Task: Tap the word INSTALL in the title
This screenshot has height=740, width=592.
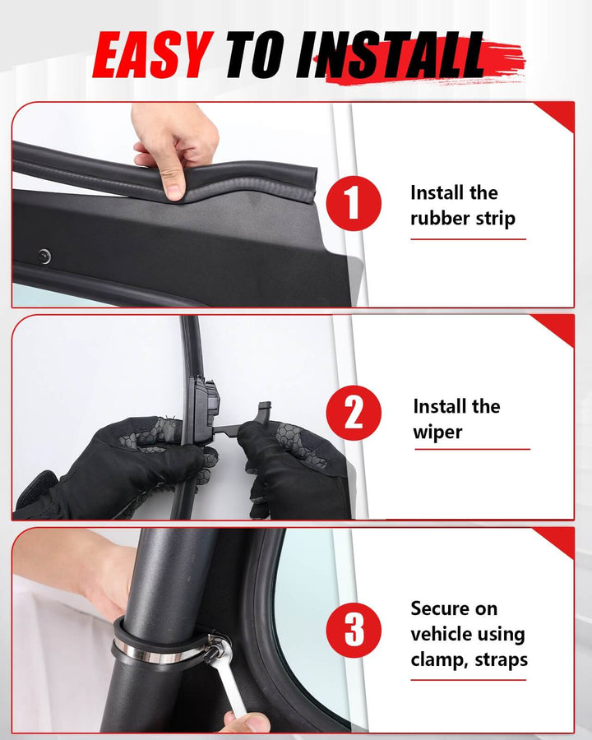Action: [x=390, y=55]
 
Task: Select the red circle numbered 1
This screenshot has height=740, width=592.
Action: [x=354, y=203]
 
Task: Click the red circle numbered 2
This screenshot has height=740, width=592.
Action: [x=354, y=413]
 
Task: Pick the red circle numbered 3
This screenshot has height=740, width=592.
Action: [x=354, y=630]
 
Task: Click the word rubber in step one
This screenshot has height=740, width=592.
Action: [x=439, y=218]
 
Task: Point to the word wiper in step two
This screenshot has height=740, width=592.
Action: [x=437, y=432]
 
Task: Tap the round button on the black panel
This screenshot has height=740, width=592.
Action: [x=44, y=257]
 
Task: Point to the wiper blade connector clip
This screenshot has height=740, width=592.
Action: [x=206, y=409]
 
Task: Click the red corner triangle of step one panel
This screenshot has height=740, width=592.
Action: [x=557, y=114]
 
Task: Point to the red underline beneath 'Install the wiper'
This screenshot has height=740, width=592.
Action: [x=472, y=449]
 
